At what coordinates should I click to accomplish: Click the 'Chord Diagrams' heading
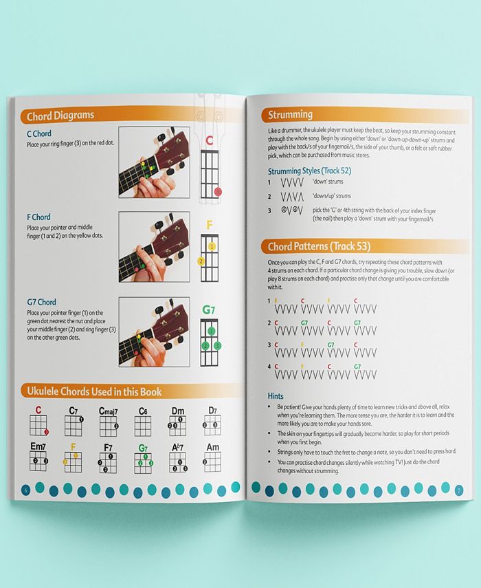60,116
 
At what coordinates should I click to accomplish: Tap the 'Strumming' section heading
290,114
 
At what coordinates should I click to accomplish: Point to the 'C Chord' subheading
39,133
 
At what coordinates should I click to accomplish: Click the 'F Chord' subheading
38,217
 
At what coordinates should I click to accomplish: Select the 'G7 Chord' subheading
41,302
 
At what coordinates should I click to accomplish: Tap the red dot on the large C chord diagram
218,191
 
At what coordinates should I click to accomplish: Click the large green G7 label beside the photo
208,310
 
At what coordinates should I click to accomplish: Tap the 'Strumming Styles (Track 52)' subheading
310,170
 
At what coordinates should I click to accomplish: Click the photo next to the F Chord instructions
154,246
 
